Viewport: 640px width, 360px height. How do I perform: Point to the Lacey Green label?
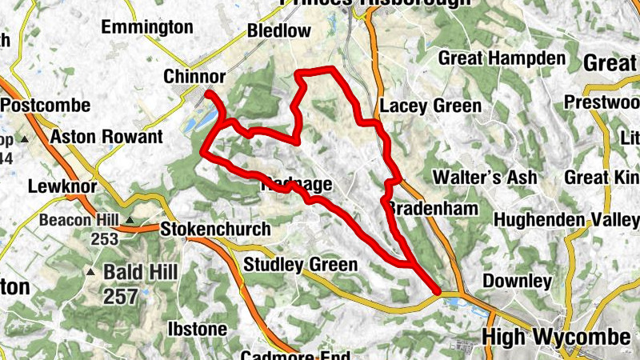[430, 106]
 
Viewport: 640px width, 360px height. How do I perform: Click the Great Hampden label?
[502, 59]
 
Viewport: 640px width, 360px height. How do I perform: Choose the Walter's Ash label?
[483, 177]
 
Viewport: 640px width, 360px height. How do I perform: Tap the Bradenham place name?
[433, 209]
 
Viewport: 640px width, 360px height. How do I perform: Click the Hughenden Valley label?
[566, 219]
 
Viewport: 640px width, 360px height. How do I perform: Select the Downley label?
[517, 282]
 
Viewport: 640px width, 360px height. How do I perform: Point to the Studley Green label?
[300, 265]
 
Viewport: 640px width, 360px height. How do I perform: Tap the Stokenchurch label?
[215, 230]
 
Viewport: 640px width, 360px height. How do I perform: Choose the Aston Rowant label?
[106, 138]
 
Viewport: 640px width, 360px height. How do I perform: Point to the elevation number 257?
[120, 297]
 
